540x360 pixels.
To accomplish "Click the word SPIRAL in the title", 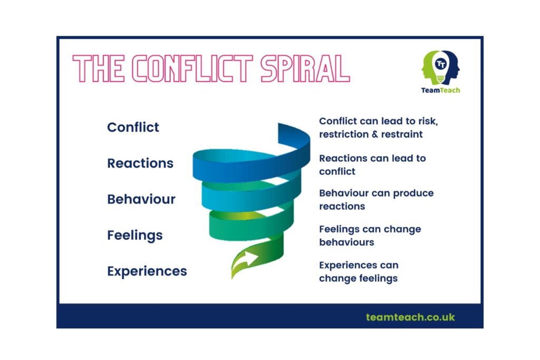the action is pyautogui.click(x=305, y=69).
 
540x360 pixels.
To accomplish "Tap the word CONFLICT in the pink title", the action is pyautogui.click(x=192, y=69).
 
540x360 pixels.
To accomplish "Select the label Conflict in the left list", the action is pyautogui.click(x=133, y=127).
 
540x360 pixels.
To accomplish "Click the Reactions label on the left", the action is pyautogui.click(x=140, y=163).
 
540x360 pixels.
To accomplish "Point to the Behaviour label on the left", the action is pyautogui.click(x=141, y=199).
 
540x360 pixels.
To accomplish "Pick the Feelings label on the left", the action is pyautogui.click(x=134, y=236).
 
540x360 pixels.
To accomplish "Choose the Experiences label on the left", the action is pyautogui.click(x=147, y=271).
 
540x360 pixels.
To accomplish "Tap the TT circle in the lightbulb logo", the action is pyautogui.click(x=440, y=64).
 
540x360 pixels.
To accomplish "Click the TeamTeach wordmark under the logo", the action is pyautogui.click(x=440, y=90).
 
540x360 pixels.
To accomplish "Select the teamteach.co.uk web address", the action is pyautogui.click(x=410, y=317).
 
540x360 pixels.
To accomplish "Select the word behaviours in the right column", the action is pyautogui.click(x=346, y=242).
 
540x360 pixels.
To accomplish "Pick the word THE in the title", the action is pyautogui.click(x=99, y=69).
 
